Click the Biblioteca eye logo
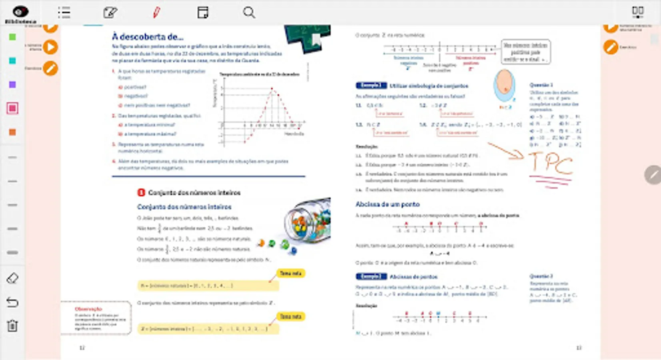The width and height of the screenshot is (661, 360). coord(20,12)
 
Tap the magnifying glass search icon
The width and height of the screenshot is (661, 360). coord(249,12)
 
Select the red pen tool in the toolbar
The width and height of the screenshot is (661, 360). coord(156,12)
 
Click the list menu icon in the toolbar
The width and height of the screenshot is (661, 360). coord(64,12)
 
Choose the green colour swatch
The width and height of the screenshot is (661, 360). coord(12,37)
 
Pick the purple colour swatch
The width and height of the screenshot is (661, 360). coord(12,85)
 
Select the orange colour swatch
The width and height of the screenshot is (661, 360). coord(12,132)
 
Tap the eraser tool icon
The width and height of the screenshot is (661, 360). coord(12,278)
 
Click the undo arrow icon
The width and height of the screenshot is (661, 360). coord(12,302)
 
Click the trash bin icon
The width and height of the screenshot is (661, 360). coord(12,326)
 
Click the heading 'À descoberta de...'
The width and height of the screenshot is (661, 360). coord(148,37)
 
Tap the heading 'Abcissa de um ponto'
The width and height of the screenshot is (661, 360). coord(387,204)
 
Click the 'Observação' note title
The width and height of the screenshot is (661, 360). coord(88,309)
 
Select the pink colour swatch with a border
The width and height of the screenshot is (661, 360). coord(12,108)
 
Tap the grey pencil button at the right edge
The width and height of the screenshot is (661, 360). coord(653,175)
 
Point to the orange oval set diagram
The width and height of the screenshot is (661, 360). coord(504,85)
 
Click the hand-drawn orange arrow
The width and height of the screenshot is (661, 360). coord(506,150)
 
